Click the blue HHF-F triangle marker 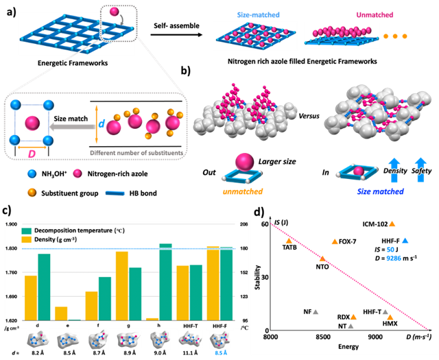pos(406,241)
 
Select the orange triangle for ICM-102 pos(392,224)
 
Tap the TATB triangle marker pos(289,241)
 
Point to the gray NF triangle pos(316,313)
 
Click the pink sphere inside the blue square pos(29,123)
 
